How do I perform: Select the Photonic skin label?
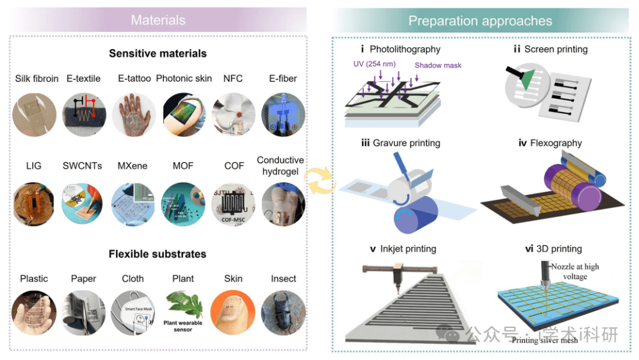pos(184,78)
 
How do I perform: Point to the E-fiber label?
pos(282,78)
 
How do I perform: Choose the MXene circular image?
pos(134,204)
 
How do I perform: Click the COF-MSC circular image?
pos(234,204)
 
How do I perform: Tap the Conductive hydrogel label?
pos(280,166)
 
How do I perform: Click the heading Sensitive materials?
pos(157,53)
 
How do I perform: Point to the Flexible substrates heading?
pos(157,254)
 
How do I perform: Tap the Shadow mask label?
pos(438,65)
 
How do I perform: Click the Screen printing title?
pos(550,49)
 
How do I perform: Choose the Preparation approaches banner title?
pos(480,21)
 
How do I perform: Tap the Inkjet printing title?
pos(403,249)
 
